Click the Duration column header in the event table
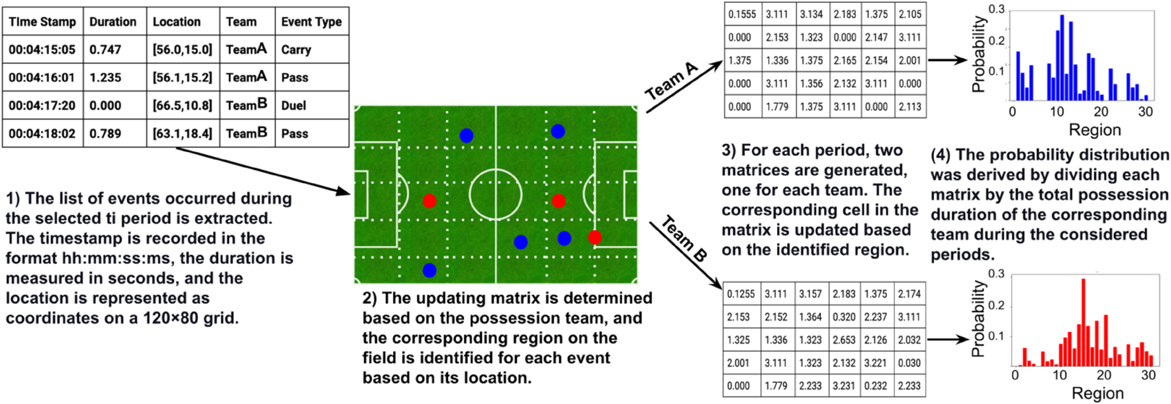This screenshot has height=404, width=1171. point(113,22)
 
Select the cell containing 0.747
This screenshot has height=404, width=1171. point(105,50)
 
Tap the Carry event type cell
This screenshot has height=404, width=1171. point(296,50)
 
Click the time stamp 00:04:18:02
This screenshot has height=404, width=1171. point(42,134)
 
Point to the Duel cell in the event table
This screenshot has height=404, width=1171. point(293,106)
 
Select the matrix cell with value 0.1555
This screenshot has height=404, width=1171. point(742,15)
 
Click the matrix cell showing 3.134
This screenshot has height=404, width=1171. point(811,15)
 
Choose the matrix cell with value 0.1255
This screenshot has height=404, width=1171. point(741,294)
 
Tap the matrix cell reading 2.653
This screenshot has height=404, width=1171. point(844,340)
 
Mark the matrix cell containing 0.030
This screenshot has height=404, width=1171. point(909,363)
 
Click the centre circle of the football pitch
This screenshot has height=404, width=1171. point(495,194)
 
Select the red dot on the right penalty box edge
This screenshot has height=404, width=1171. point(595,237)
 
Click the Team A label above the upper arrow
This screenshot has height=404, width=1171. point(671,82)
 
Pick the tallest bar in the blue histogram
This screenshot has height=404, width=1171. point(1062,57)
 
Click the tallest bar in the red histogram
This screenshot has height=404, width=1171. point(1083,322)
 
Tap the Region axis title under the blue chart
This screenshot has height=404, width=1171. point(1095,130)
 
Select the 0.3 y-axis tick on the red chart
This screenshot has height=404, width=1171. point(996,274)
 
